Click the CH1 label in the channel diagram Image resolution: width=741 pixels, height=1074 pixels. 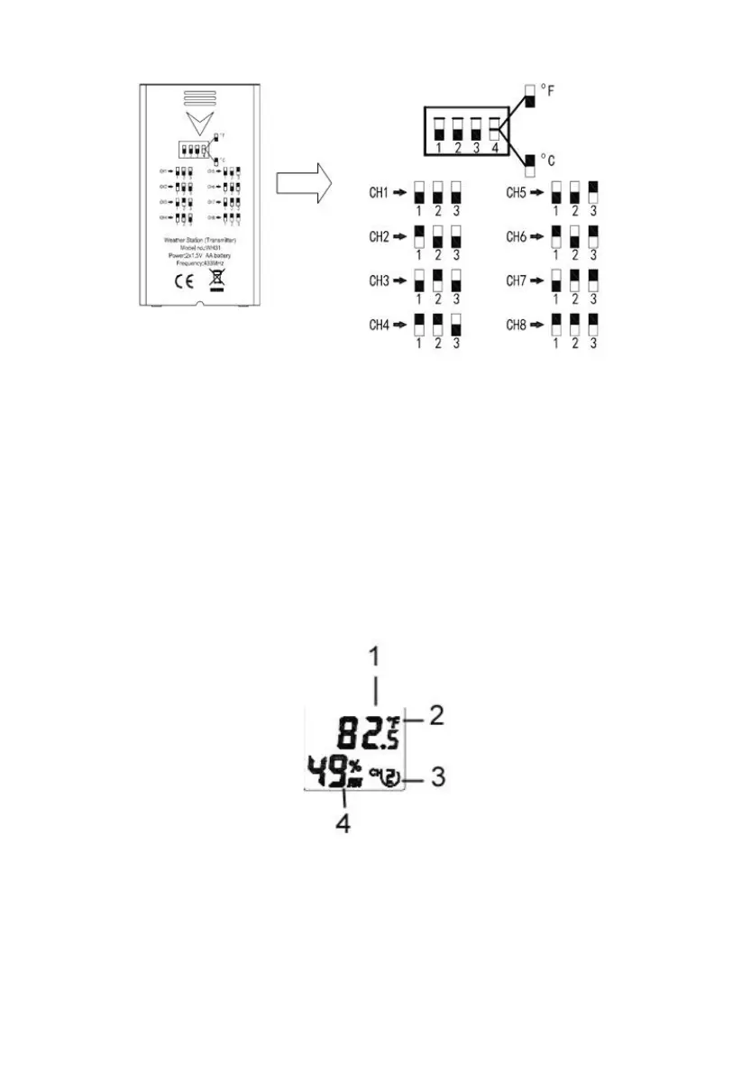[380, 192]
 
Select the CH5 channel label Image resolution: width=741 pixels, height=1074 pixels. [517, 192]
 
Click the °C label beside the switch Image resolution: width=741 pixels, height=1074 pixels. [547, 160]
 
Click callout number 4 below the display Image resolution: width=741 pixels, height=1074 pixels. [343, 822]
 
